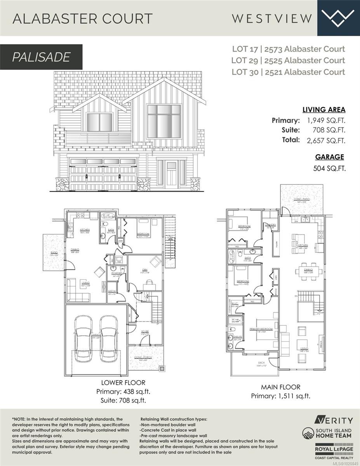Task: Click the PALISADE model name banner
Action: [41, 57]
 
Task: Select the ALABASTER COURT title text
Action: [82, 18]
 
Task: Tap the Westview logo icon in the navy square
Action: [338, 17]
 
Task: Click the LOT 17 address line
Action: [288, 49]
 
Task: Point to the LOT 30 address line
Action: [288, 72]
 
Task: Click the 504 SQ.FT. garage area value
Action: [329, 168]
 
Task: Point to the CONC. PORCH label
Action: [144, 357]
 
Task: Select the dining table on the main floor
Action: [309, 270]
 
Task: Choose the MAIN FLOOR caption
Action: [281, 387]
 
